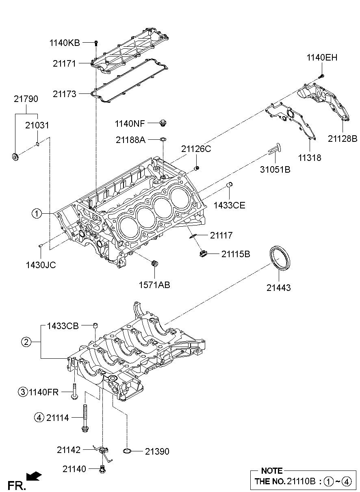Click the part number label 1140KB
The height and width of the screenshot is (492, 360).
pos(65,42)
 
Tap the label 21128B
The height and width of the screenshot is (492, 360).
pos(343,139)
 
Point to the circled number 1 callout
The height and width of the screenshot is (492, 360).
pos(37,213)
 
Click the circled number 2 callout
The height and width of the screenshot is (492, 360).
pos(26,342)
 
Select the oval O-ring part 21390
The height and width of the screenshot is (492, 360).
pos(127,451)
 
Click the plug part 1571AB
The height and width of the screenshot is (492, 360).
pos(154,264)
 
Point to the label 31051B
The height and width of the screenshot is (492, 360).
pos(275,170)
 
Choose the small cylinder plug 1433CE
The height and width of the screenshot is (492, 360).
pos(229,186)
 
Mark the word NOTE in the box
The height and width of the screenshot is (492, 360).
pos(271,471)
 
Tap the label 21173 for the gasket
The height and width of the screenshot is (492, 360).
pos(64,94)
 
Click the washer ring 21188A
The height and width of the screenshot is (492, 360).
pos(163,140)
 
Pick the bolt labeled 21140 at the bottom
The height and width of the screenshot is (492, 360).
pos(103,470)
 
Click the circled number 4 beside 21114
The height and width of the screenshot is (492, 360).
pos(39,417)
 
